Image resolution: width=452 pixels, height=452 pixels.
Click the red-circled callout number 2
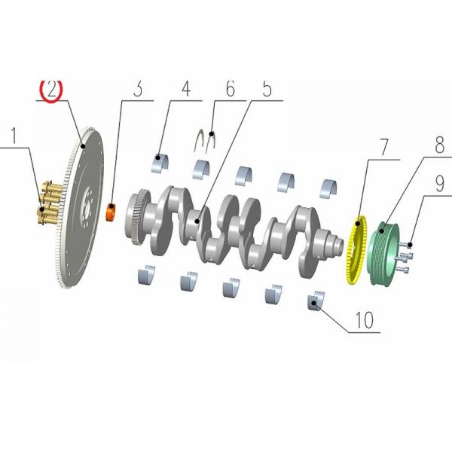tap(51, 89)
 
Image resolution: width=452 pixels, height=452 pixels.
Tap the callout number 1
tap(14, 136)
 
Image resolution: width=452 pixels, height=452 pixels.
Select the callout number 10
tap(365, 319)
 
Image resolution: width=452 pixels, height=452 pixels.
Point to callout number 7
tap(384, 147)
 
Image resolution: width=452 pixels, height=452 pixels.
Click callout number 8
tap(439, 145)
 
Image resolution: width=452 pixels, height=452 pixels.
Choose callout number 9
tap(439, 184)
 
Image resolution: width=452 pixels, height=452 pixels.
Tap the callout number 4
tap(186, 88)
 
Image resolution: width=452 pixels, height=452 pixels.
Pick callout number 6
tap(230, 88)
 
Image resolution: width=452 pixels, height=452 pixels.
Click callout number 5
tap(267, 88)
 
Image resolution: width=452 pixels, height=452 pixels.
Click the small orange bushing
tap(111, 212)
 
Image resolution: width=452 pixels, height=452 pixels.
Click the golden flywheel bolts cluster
tap(50, 203)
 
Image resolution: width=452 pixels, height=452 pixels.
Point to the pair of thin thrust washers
tap(206, 141)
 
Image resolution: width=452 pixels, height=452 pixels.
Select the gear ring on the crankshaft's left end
tap(139, 217)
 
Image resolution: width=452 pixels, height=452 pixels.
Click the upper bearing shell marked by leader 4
tap(160, 163)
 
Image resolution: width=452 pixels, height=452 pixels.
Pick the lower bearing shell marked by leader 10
tap(316, 301)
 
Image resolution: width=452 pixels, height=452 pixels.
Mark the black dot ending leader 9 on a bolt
tap(411, 245)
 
